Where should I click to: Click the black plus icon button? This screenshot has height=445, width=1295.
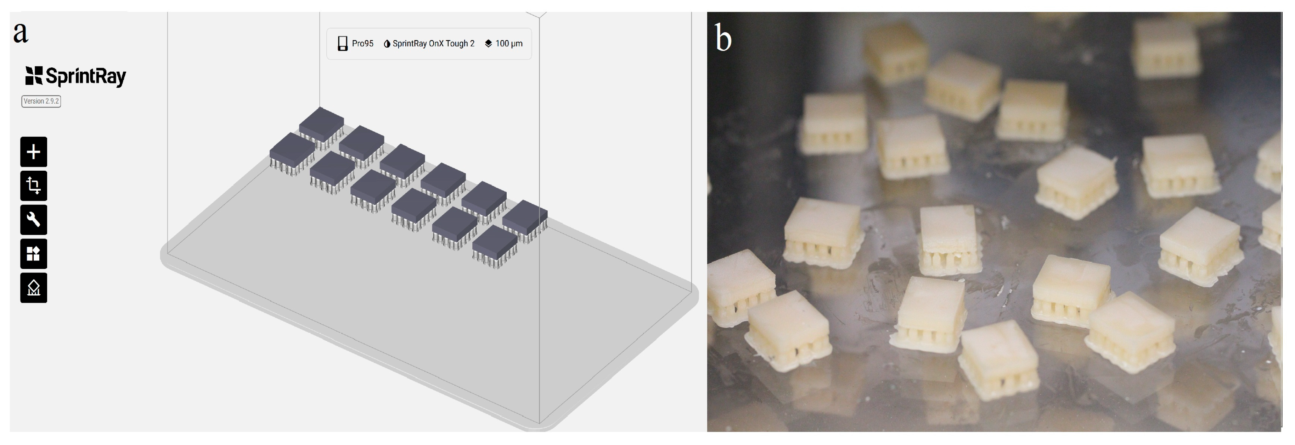pos(34,152)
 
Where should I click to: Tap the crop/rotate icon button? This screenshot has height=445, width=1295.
pos(34,186)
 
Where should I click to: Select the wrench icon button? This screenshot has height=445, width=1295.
pos(34,219)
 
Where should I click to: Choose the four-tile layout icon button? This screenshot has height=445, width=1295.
pos(34,254)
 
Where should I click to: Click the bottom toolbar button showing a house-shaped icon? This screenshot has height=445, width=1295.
pos(34,287)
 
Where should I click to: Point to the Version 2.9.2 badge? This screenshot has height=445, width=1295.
pos(41,101)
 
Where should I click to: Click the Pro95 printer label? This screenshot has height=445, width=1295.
pos(362,44)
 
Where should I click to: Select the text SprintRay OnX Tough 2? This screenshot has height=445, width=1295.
pos(433,44)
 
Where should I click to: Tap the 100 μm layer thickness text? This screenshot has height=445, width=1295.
pos(509,44)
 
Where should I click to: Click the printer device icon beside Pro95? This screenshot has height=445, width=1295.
pos(342,44)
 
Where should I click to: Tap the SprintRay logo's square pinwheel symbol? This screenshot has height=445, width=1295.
pos(34,76)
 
